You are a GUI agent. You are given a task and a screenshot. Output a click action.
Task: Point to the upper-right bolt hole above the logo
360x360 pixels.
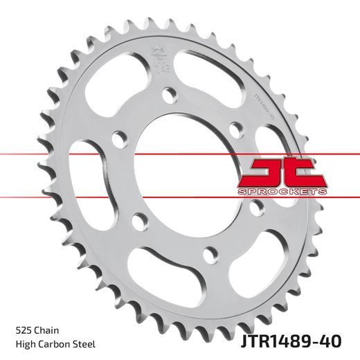(235, 129)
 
